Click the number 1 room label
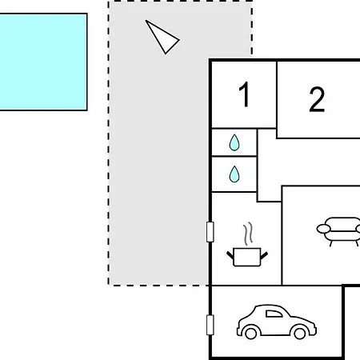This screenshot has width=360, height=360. [245, 94]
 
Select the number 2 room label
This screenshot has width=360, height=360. [317, 99]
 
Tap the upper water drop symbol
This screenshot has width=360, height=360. [234, 142]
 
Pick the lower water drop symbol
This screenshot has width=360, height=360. [234, 174]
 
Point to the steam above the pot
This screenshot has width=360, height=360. [248, 234]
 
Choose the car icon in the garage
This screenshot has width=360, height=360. [277, 322]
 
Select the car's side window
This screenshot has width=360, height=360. [274, 314]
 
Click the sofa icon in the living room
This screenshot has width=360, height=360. [338, 231]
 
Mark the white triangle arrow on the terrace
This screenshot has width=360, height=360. [162, 37]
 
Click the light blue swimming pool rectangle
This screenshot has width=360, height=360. [43, 62]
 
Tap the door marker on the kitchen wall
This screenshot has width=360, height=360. [210, 232]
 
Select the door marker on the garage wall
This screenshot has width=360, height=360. [210, 325]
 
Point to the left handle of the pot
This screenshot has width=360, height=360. [230, 254]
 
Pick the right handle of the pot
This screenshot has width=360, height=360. [264, 255]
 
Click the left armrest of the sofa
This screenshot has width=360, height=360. [323, 229]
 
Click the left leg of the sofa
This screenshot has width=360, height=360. [331, 243]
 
